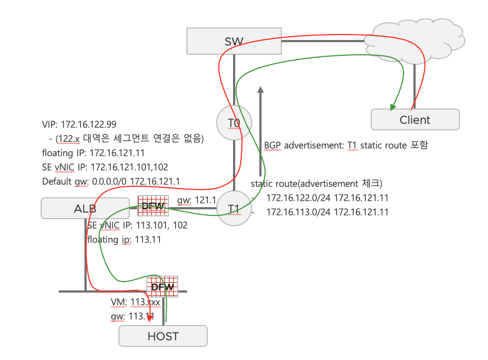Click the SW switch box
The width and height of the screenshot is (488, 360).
click(x=234, y=41)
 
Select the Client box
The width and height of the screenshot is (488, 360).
click(x=415, y=119)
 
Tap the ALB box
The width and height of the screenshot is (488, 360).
click(x=85, y=209)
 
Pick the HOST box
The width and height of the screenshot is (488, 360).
click(x=163, y=336)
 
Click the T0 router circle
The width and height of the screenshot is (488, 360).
click(x=234, y=122)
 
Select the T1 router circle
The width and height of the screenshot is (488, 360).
click(x=234, y=209)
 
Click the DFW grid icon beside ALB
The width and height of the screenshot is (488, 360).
click(x=153, y=206)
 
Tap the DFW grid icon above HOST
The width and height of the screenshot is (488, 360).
click(x=162, y=287)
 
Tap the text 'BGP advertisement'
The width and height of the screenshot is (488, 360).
click(x=303, y=146)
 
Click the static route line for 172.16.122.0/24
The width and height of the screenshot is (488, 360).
click(x=327, y=197)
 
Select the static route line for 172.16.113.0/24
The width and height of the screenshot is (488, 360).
click(x=327, y=212)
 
